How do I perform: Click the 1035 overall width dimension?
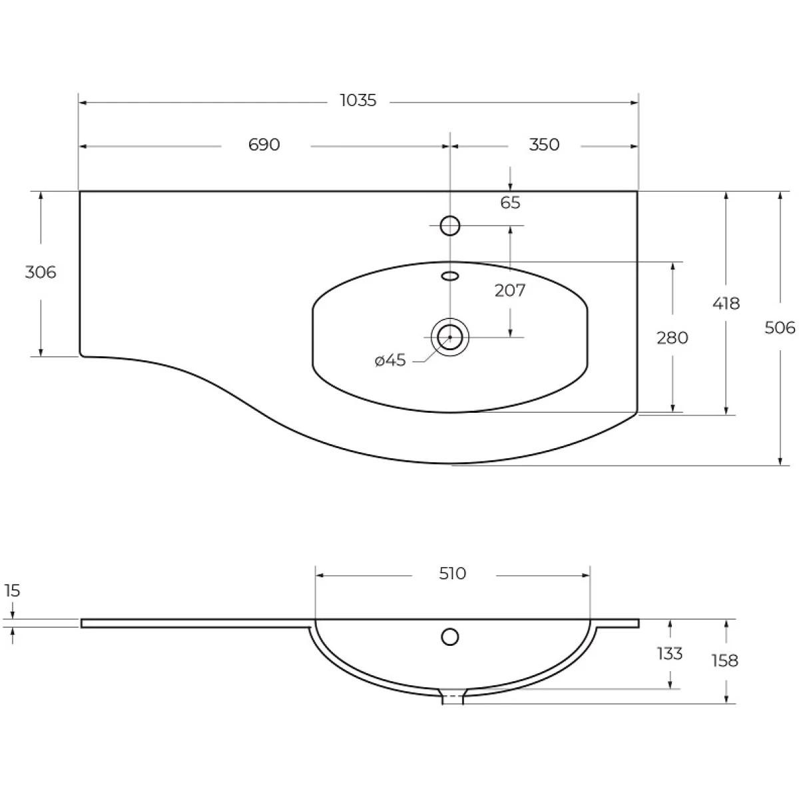tap(358, 101)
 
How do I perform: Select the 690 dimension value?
tap(264, 144)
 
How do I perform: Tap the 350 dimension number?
tap(544, 144)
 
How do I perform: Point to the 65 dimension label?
tap(510, 203)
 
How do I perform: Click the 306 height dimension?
tap(41, 272)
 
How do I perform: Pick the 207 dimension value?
tap(510, 290)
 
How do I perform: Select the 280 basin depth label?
tap(672, 338)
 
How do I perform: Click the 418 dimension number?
tap(726, 304)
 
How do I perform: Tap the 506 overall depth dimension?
tap(780, 328)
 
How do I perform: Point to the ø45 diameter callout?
tap(391, 361)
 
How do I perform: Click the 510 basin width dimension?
tap(453, 573)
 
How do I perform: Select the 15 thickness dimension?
tap(13, 591)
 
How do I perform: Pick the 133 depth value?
tap(669, 654)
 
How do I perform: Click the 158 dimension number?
tap(724, 661)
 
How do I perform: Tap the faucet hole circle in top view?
tap(451, 226)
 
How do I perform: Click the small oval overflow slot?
tap(451, 275)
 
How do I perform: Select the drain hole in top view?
tap(450, 337)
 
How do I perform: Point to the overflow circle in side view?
tap(450, 637)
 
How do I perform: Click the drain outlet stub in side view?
tap(453, 697)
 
